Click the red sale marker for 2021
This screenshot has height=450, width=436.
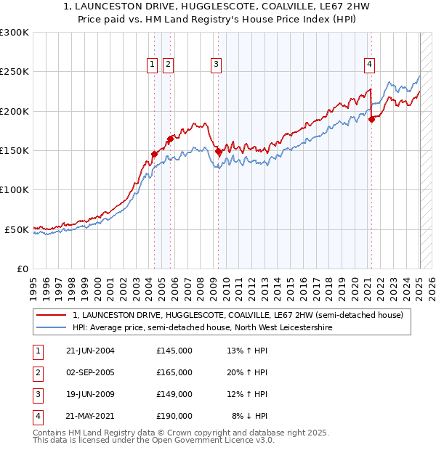pos(371,119)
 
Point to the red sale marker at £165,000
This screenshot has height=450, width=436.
pos(169,139)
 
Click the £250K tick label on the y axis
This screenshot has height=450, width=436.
pos(15,72)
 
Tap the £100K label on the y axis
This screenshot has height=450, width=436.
pos(15,189)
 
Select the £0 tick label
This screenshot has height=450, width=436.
pos(22,269)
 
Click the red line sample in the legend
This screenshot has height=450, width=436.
pos(51,315)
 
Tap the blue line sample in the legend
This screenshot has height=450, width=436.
pos(51,328)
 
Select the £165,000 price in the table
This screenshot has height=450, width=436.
pos(174,372)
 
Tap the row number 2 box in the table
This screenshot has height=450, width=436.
pos(37,372)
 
